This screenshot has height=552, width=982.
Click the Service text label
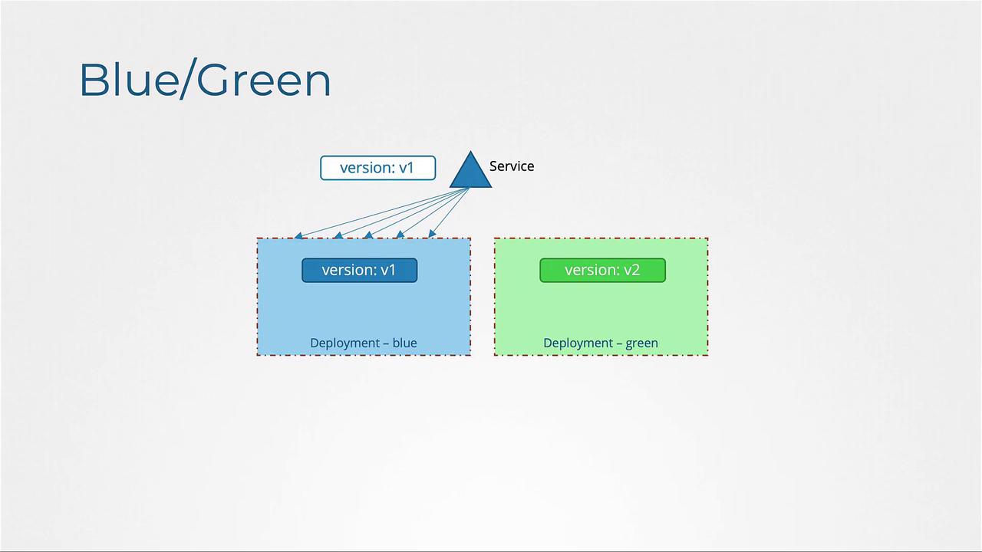(x=512, y=166)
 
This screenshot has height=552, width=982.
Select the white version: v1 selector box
(x=378, y=168)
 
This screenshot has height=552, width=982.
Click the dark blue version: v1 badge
(x=360, y=270)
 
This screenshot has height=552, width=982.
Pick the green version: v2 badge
(x=602, y=270)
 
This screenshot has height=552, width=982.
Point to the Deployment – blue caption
(x=364, y=343)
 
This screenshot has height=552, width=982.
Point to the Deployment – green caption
(x=601, y=343)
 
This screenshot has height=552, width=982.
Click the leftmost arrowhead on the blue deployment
(x=298, y=235)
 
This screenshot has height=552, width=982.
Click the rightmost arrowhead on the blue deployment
(x=432, y=234)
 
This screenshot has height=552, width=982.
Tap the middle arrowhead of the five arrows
(x=369, y=235)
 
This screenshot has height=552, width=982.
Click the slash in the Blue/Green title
(x=189, y=78)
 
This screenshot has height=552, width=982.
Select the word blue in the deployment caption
(x=404, y=343)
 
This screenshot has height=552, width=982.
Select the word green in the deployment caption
(x=642, y=343)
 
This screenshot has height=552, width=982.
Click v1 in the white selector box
(x=406, y=168)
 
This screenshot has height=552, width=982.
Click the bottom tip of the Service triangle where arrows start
(x=469, y=188)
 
